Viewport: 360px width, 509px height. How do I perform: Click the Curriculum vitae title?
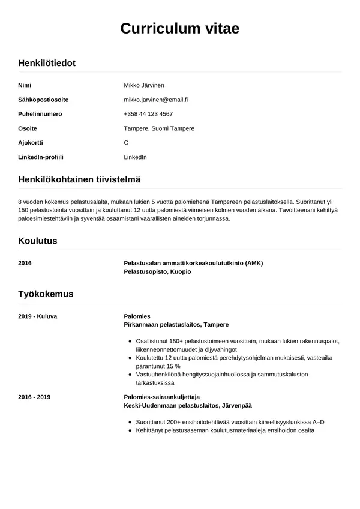pyautogui.click(x=180, y=28)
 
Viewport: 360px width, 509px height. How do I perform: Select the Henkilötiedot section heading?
pyautogui.click(x=47, y=63)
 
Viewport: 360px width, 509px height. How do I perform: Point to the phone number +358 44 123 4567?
pyautogui.click(x=148, y=114)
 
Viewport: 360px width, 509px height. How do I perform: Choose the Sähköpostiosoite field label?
pyautogui.click(x=43, y=100)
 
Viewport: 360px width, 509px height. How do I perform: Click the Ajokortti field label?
pyautogui.click(x=31, y=143)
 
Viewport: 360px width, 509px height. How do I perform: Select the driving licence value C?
pyautogui.click(x=126, y=143)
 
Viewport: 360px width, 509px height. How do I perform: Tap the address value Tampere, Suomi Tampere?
pyautogui.click(x=159, y=128)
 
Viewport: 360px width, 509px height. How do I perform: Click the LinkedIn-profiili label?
pyautogui.click(x=41, y=157)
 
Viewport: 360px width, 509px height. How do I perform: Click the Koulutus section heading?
pyautogui.click(x=38, y=241)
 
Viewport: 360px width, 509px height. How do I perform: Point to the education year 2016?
pyautogui.click(x=25, y=263)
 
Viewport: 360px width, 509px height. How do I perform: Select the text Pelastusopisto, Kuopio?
pyautogui.click(x=157, y=271)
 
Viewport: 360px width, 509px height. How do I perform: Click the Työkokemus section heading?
pyautogui.click(x=46, y=294)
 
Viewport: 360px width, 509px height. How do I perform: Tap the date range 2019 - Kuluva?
pyautogui.click(x=38, y=316)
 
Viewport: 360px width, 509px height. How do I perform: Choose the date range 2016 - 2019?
pyautogui.click(x=34, y=397)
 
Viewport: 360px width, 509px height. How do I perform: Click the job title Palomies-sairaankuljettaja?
pyautogui.click(x=161, y=397)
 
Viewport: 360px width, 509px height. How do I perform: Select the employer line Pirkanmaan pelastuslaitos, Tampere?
pyautogui.click(x=176, y=324)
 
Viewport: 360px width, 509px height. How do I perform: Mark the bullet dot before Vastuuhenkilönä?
pyautogui.click(x=130, y=375)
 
